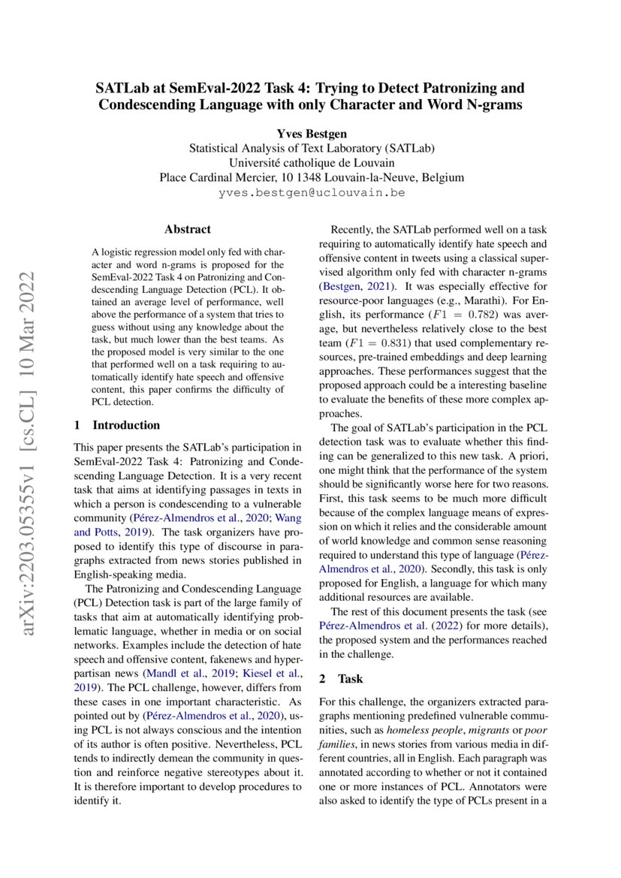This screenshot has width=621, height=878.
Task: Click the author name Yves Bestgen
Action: (x=311, y=134)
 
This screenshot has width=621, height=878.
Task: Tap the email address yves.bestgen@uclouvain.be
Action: (x=311, y=193)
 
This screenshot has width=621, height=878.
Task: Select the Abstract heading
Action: (x=188, y=229)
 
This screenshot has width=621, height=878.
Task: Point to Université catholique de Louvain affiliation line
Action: (x=311, y=163)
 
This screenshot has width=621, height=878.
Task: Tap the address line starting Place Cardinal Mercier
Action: (x=311, y=178)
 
